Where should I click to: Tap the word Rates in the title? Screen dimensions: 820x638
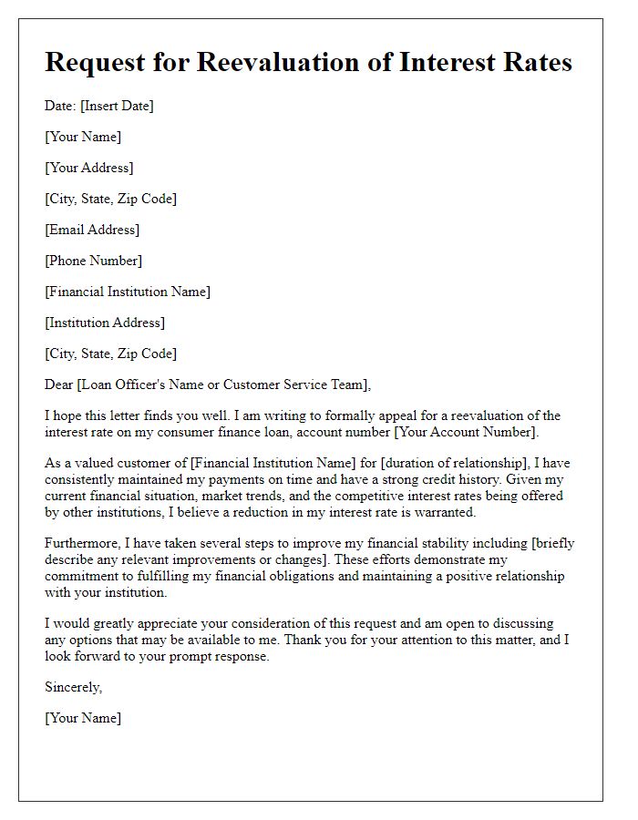[532, 63]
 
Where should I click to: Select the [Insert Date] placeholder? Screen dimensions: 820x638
[117, 106]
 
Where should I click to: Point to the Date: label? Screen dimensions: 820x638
[60, 106]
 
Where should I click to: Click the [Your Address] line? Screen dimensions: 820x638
[89, 168]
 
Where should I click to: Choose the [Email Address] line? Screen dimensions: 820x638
[92, 230]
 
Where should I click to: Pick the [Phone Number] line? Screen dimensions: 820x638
[93, 261]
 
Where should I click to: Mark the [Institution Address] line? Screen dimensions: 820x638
[105, 323]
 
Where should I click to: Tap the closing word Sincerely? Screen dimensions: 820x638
[74, 687]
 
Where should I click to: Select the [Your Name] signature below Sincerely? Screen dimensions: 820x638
[83, 718]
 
